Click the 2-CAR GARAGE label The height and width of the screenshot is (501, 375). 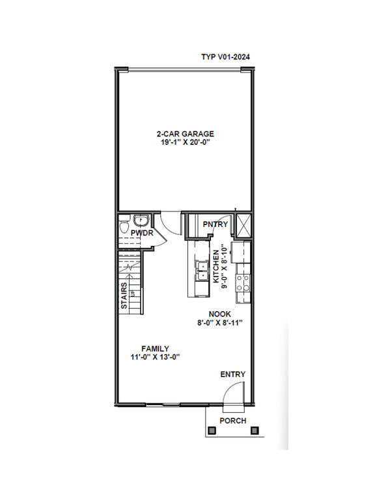click(186, 134)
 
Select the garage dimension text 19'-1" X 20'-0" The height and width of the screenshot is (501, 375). click(186, 142)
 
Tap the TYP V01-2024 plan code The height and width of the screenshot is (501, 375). click(225, 57)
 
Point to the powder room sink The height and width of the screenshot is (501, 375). click(141, 220)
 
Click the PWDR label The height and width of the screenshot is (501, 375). click(142, 233)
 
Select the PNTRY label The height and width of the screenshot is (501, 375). click(215, 224)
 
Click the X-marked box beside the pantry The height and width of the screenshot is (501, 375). click(243, 226)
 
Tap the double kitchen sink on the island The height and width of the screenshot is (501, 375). click(202, 270)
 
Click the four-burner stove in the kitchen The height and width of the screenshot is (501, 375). click(243, 283)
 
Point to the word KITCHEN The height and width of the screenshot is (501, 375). click(216, 266)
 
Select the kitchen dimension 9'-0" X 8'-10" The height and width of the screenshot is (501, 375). click(224, 267)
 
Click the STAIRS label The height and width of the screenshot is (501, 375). click(124, 296)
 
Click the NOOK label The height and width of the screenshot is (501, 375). click(219, 314)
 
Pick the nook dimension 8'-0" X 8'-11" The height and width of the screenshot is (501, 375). click(219, 323)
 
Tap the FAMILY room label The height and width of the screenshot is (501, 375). click(156, 349)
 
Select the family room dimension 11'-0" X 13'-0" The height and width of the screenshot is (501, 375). click(156, 357)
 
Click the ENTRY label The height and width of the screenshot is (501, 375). click(233, 374)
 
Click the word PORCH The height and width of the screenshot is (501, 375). click(233, 421)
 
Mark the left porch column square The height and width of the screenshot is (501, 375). click(212, 431)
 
